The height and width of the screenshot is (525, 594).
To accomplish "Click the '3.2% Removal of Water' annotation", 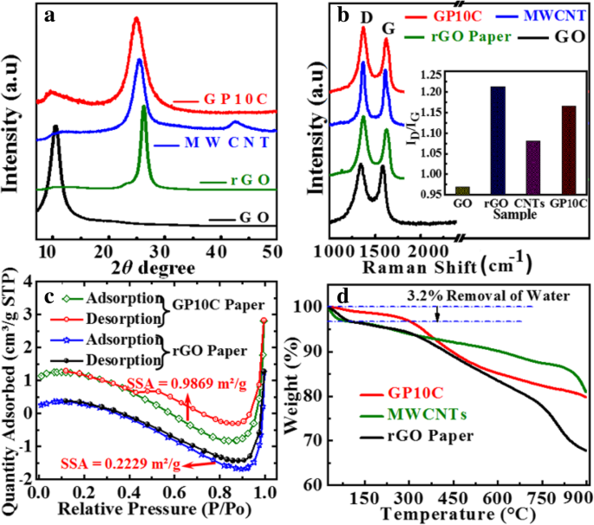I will tap(488, 295).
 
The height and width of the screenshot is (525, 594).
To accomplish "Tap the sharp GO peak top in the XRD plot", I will tap(55, 128).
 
